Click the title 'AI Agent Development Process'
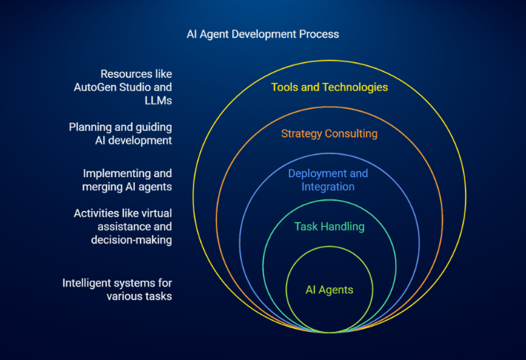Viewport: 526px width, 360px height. coord(263,35)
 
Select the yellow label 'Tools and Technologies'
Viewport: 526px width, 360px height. coord(329,88)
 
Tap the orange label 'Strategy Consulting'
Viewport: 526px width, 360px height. coord(329,134)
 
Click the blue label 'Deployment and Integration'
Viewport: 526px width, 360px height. coord(328,180)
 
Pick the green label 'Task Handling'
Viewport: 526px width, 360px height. coord(329,227)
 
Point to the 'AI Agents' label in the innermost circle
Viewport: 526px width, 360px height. coord(329,290)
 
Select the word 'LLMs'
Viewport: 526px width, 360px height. coord(158,101)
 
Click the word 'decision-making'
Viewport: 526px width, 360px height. coord(131,240)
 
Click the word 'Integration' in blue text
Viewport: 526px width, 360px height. coord(328,187)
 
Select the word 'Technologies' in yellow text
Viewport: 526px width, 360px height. coord(355,88)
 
